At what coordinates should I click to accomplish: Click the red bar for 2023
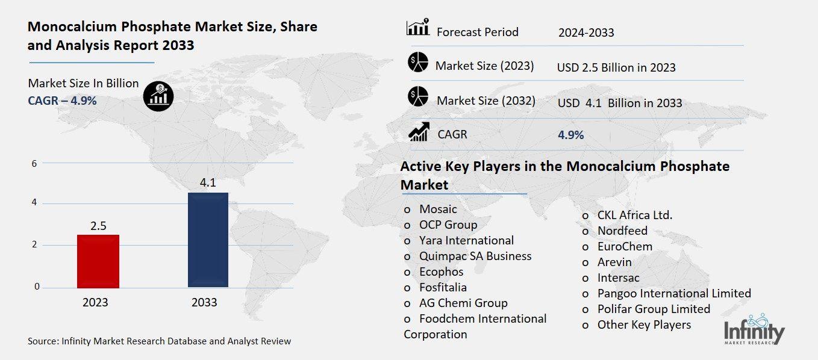pyautogui.click(x=98, y=261)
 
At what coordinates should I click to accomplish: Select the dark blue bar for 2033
pyautogui.click(x=208, y=240)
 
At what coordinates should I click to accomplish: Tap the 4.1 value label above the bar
pyautogui.click(x=208, y=182)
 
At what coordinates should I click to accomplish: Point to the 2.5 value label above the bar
pyautogui.click(x=98, y=226)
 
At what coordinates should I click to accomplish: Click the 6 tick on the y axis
pyautogui.click(x=35, y=163)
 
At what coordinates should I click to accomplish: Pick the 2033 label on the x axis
pyautogui.click(x=204, y=302)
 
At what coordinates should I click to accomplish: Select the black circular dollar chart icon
pyautogui.click(x=158, y=96)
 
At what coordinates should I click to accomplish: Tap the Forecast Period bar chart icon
pyautogui.click(x=417, y=28)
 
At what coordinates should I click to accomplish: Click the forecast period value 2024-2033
pyautogui.click(x=586, y=33)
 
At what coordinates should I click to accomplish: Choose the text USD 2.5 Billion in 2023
pyautogui.click(x=616, y=67)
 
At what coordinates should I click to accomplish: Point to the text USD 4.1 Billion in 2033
pyautogui.click(x=620, y=103)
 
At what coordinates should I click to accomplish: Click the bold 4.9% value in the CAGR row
pyautogui.click(x=571, y=135)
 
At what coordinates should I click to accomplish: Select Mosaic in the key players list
pyautogui.click(x=438, y=209)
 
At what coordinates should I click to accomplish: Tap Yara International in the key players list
pyautogui.click(x=466, y=240)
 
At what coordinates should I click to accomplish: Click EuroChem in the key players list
pyautogui.click(x=625, y=246)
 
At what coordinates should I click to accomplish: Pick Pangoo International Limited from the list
pyautogui.click(x=674, y=293)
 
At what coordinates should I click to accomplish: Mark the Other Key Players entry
pyautogui.click(x=644, y=324)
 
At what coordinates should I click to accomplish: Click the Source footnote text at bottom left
pyautogui.click(x=159, y=341)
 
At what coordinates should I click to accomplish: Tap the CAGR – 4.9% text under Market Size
pyautogui.click(x=62, y=100)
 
